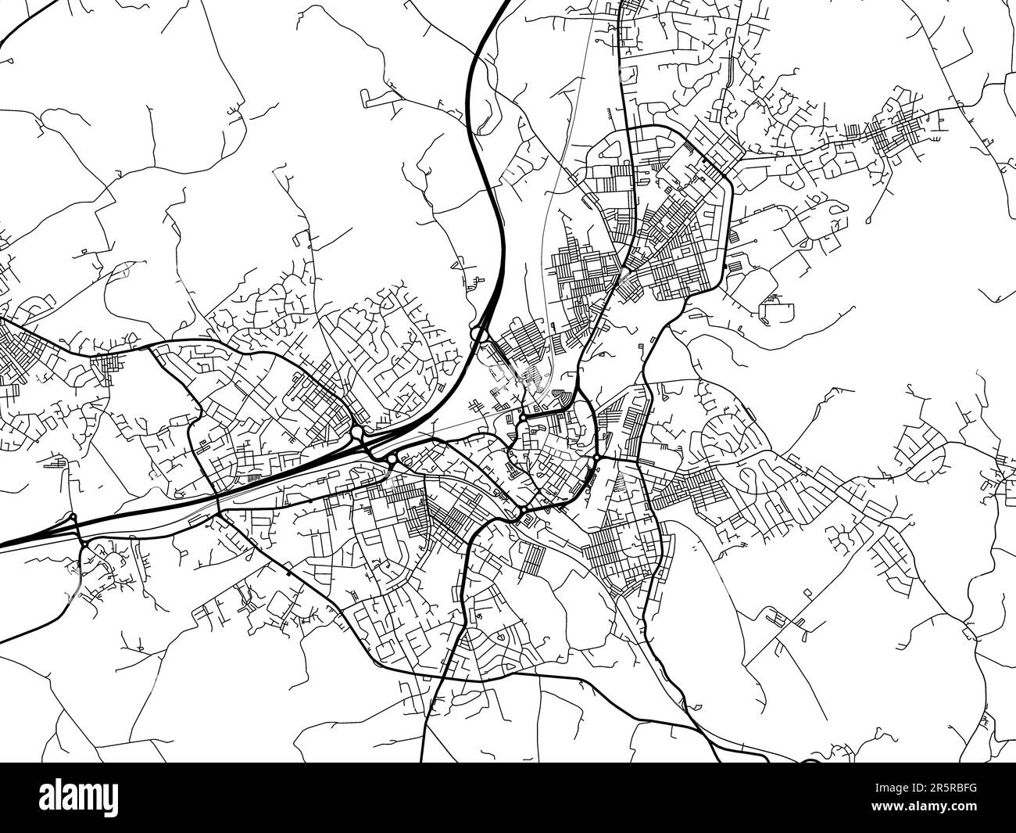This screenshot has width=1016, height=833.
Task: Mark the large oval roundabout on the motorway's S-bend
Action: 478,334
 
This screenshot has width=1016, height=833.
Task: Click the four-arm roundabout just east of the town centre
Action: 596,457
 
